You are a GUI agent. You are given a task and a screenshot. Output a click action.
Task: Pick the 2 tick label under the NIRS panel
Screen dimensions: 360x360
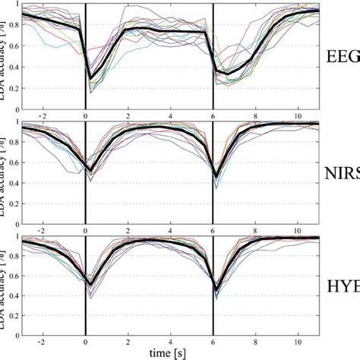pyautogui.click(x=128, y=226)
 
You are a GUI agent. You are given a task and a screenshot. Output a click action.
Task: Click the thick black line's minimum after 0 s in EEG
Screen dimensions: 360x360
pyautogui.click(x=90, y=77)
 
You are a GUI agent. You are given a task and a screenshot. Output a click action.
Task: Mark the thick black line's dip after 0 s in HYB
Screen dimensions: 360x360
pyautogui.click(x=90, y=285)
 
